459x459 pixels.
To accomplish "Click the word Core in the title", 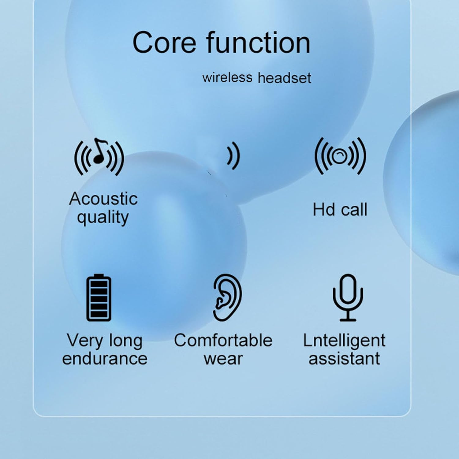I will coord(164,43).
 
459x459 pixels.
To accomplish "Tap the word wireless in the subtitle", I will coord(227,77).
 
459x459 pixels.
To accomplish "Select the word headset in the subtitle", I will coord(285,78).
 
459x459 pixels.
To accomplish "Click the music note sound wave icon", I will coord(99,156).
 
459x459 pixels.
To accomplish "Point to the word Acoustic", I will coord(103,199).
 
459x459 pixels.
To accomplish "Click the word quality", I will coord(103,217).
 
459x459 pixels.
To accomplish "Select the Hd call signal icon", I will coord(340,156).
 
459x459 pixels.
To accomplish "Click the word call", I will coord(354,210).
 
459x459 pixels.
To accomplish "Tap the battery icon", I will coord(99,297).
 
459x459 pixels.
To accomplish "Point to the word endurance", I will coord(105,358).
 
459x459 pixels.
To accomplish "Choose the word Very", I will coord(85,341).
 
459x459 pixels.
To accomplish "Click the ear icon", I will coord(227,297).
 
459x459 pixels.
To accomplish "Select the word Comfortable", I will coord(223,340).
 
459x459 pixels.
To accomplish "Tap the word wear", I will coord(223,359).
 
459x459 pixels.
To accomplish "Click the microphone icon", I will coord(348,297).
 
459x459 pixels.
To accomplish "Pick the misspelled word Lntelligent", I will coord(344,341).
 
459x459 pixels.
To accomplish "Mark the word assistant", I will coord(344,358).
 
